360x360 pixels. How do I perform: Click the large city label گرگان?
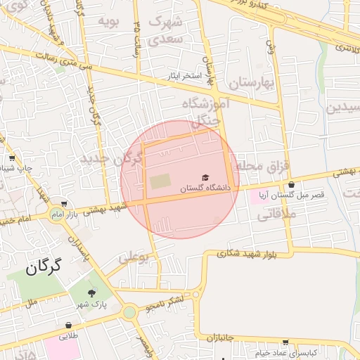pyautogui.click(x=43, y=267)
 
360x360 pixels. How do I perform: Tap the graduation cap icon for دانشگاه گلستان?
pyautogui.click(x=205, y=178)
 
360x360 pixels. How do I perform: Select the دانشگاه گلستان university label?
pyautogui.click(x=205, y=188)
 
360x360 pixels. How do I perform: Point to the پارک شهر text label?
pyautogui.click(x=91, y=304)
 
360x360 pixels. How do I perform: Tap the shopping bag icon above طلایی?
pyautogui.click(x=69, y=326)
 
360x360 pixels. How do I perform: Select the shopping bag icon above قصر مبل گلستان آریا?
pyautogui.click(x=291, y=185)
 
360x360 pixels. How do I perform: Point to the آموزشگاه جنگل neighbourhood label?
pyautogui.click(x=206, y=111)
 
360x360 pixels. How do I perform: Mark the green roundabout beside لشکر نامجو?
pyautogui.click(x=129, y=311)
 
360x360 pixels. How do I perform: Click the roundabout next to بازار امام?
pyautogui.click(x=55, y=213)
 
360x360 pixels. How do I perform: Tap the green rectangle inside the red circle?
pyautogui.click(x=160, y=181)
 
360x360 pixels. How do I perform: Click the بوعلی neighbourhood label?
pyautogui.click(x=134, y=258)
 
